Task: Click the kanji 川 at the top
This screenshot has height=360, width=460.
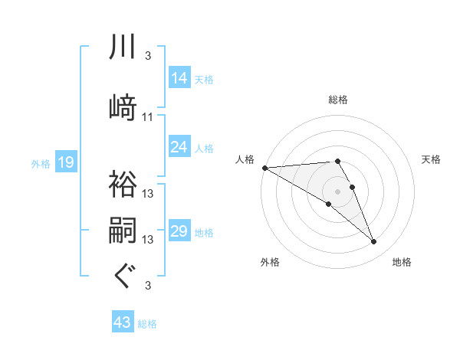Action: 123,47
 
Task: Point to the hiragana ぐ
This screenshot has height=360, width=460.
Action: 123,277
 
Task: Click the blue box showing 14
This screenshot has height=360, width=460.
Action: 179,78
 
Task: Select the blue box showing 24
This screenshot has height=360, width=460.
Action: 179,147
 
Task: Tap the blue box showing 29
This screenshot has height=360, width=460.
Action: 179,231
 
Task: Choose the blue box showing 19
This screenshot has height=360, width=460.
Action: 66,162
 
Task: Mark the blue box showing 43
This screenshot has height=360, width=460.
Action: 123,323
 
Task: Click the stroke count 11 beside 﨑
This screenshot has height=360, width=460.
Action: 148,117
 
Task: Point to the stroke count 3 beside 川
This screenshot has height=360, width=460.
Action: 148,56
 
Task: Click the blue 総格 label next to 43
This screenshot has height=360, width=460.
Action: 148,324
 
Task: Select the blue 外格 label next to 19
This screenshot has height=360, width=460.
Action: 40,163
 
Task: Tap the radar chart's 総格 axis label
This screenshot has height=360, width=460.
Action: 338,100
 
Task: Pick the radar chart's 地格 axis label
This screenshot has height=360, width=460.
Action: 402,262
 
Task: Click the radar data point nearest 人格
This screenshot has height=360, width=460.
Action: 264,168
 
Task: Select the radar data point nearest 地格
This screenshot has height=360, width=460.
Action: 374,241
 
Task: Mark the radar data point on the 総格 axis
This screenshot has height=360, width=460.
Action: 337,161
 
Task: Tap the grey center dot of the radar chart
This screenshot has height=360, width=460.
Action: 337,190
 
